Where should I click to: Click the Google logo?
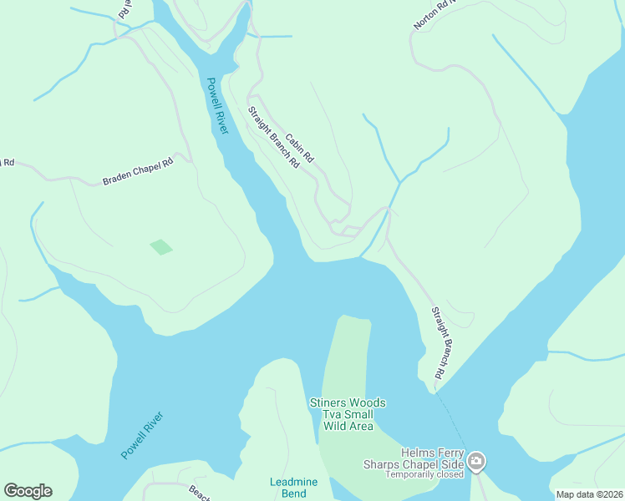(28, 491)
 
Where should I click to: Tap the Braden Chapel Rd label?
(137, 172)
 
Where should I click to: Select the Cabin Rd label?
(299, 148)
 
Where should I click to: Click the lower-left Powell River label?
(143, 434)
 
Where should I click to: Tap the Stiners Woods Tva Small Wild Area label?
(348, 414)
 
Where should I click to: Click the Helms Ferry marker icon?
(476, 461)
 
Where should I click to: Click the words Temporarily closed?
(424, 474)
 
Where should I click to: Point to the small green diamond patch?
(161, 247)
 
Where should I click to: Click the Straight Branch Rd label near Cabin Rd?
(273, 138)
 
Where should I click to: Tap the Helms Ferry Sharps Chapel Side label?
(413, 458)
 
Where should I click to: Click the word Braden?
(117, 178)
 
